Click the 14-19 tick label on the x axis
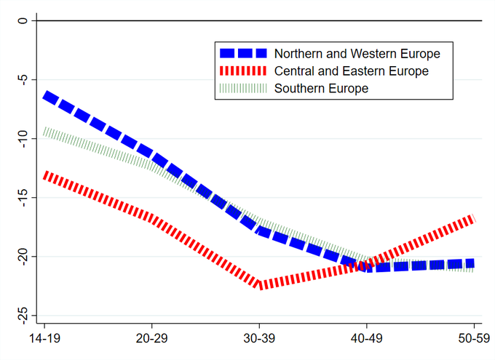tap(44, 340)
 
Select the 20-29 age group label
tap(151, 340)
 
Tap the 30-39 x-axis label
tap(259, 340)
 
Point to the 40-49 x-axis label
tap(367, 340)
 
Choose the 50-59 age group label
tap(475, 340)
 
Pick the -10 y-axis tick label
tap(23, 138)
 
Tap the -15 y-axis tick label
tap(23, 197)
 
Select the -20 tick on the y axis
tap(23, 256)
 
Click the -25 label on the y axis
tap(23, 315)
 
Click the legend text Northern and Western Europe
tap(357, 53)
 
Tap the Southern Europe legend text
tap(321, 88)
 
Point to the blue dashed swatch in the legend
tap(243, 53)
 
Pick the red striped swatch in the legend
tap(243, 71)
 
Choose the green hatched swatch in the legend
tap(243, 88)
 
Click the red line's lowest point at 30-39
tap(259, 285)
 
